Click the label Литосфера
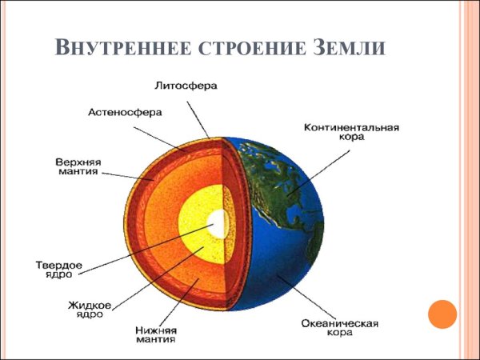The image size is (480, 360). click(186, 85)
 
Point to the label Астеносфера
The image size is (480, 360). click(125, 113)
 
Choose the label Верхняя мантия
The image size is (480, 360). click(78, 165)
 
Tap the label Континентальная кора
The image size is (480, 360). click(351, 131)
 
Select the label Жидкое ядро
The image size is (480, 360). click(90, 309)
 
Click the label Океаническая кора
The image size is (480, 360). click(339, 328)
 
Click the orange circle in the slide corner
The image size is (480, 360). click(442, 313)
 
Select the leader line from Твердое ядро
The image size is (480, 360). click(144, 247)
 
